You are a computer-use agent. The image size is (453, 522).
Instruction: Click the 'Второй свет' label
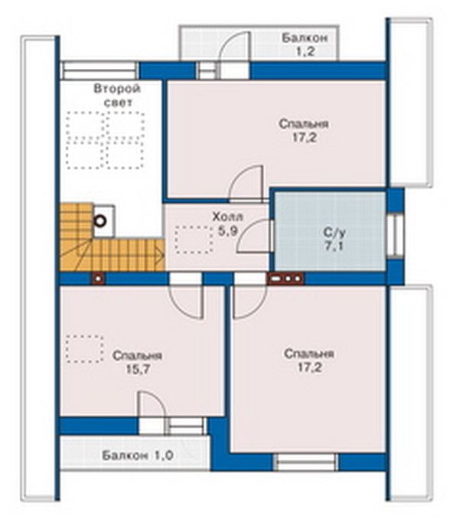117,96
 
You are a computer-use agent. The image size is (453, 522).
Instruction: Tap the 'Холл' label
228,217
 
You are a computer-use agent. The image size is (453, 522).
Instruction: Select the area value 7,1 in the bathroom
334,246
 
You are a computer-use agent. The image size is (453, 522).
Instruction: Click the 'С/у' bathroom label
334,232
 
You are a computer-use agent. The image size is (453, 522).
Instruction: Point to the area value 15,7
138,369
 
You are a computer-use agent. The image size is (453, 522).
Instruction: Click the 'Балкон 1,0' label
138,455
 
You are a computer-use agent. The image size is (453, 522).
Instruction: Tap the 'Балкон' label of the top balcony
305,38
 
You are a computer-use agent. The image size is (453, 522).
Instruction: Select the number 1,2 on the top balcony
305,51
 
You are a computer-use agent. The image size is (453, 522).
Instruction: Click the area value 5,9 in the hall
228,230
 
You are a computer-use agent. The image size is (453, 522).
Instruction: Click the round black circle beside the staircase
100,220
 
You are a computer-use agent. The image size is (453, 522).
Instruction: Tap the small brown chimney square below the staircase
99,279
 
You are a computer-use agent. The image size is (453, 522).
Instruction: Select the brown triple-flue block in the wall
285,279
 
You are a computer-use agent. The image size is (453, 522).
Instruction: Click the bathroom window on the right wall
395,236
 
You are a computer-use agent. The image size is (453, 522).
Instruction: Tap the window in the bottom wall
305,462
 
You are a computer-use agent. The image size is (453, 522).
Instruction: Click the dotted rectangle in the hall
194,240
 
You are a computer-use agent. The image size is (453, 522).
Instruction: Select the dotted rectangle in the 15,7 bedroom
84,348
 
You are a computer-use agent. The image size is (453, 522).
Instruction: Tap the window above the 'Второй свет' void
99,70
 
